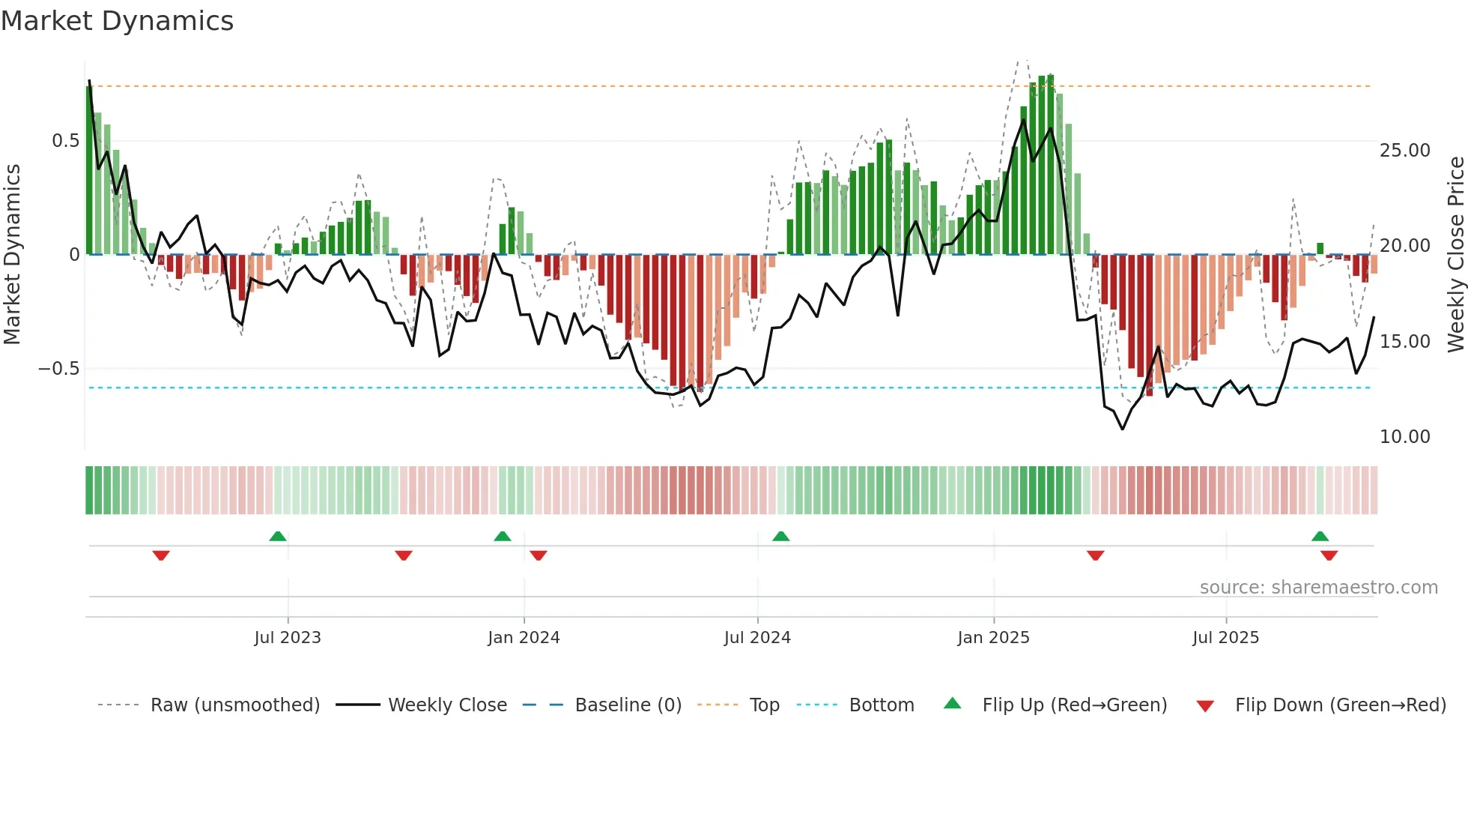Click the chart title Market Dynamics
pyautogui.click(x=117, y=21)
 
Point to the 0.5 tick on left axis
pyautogui.click(x=65, y=141)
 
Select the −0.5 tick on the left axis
pyautogui.click(x=59, y=369)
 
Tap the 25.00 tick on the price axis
pyautogui.click(x=1404, y=151)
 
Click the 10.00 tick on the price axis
pyautogui.click(x=1404, y=437)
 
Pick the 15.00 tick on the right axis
pyautogui.click(x=1404, y=342)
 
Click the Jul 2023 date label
pyautogui.click(x=288, y=638)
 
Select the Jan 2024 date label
pyautogui.click(x=524, y=638)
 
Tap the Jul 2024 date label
pyautogui.click(x=757, y=638)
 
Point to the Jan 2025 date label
pyautogui.click(x=993, y=638)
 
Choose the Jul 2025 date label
pyautogui.click(x=1225, y=638)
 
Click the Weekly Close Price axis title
pyautogui.click(x=1455, y=255)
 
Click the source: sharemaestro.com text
pyautogui.click(x=1318, y=588)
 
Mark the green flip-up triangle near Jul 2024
pyautogui.click(x=780, y=536)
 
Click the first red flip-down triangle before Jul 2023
pyautogui.click(x=161, y=555)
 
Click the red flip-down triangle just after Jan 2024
pyautogui.click(x=539, y=555)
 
